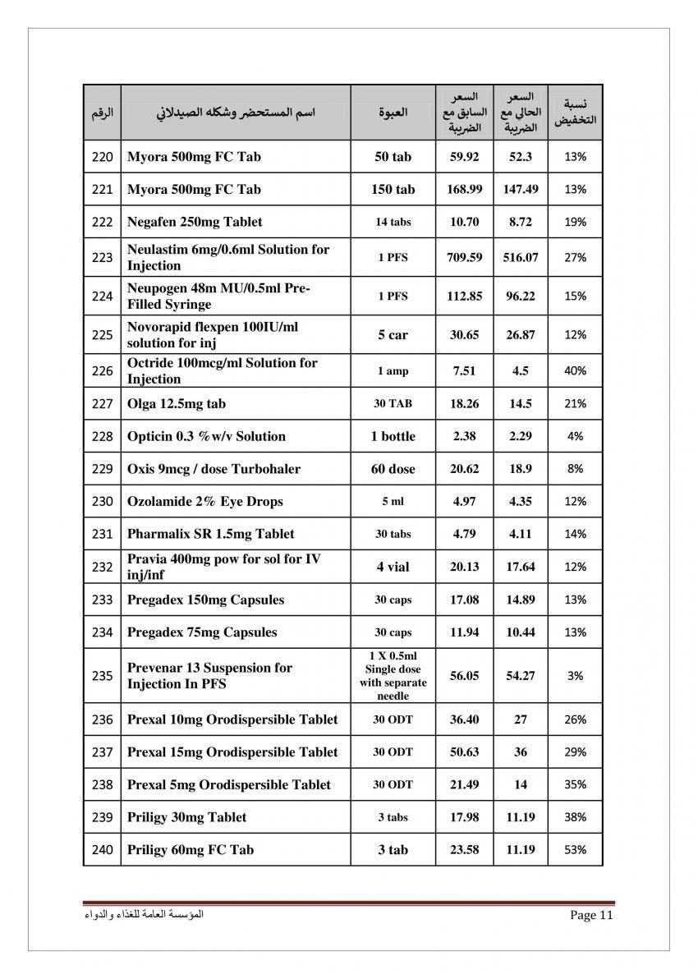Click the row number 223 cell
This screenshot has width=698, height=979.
[x=102, y=258]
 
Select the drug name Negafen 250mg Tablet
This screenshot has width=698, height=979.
[x=195, y=222]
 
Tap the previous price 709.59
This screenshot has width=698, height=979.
[x=464, y=258]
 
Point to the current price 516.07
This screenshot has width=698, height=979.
[x=521, y=258]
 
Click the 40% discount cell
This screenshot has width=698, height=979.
[x=575, y=371]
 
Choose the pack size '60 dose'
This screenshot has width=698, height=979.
[x=393, y=469]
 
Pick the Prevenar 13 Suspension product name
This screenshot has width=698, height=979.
[x=209, y=676]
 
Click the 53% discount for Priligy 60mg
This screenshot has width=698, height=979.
[x=575, y=850]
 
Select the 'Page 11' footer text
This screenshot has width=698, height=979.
[x=591, y=916]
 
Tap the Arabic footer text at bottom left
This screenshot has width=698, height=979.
[x=145, y=914]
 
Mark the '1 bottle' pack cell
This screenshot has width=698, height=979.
[x=393, y=436]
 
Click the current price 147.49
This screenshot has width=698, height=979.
[x=521, y=190]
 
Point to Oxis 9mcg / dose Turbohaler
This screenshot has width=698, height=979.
[x=214, y=469]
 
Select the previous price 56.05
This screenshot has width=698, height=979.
[x=464, y=676]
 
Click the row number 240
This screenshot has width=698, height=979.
[x=102, y=850]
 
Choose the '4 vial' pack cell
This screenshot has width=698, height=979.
[x=393, y=567]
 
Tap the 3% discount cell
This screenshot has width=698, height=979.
[x=575, y=676]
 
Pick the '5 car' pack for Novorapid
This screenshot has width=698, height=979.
[x=393, y=335]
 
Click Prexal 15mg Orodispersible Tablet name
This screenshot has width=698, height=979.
[x=232, y=752]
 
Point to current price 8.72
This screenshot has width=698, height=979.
[x=521, y=222]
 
